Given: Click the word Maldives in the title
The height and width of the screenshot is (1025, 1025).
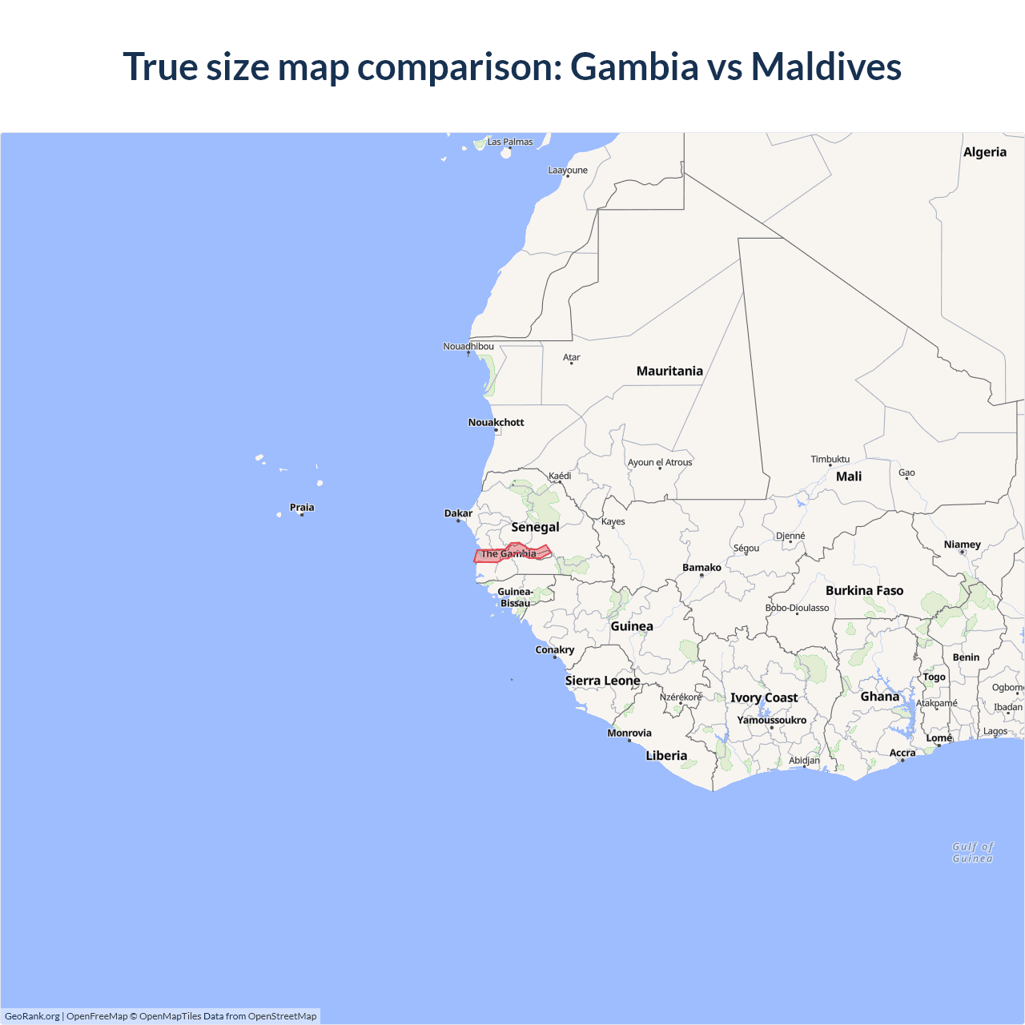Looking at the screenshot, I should [x=826, y=66].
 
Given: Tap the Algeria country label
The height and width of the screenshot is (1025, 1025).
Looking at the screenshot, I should [x=984, y=152].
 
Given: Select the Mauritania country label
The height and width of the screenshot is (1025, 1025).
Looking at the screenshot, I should [x=669, y=371].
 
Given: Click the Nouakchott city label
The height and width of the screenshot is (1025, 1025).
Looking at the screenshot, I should [x=496, y=422].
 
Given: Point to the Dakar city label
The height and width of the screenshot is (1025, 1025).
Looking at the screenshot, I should [x=458, y=513].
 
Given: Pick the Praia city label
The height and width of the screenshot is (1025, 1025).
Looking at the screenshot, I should [x=302, y=507].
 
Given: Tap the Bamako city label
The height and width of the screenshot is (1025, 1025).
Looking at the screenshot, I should [x=701, y=567].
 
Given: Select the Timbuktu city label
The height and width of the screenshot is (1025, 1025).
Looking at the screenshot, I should [x=830, y=459].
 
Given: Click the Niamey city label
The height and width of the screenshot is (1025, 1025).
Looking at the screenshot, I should [x=962, y=545].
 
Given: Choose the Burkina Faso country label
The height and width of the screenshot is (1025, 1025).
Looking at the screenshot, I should [x=864, y=590].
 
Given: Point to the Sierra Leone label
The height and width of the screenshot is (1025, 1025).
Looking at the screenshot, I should [x=602, y=681].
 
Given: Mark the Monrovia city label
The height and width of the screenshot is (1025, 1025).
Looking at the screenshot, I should [x=629, y=733].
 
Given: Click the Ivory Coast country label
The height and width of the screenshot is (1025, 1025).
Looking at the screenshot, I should [x=764, y=697].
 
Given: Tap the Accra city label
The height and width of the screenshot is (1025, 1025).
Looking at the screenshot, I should [x=902, y=753].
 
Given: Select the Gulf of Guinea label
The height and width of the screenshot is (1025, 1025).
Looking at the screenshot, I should [x=972, y=852].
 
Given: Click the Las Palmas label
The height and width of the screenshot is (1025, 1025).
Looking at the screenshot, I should [x=510, y=142].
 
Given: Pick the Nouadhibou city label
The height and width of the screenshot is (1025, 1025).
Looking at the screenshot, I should [x=468, y=346].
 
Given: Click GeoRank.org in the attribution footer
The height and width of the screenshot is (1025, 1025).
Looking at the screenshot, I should [x=32, y=1016].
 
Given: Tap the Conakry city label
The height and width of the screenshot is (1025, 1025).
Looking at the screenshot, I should [x=554, y=649].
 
